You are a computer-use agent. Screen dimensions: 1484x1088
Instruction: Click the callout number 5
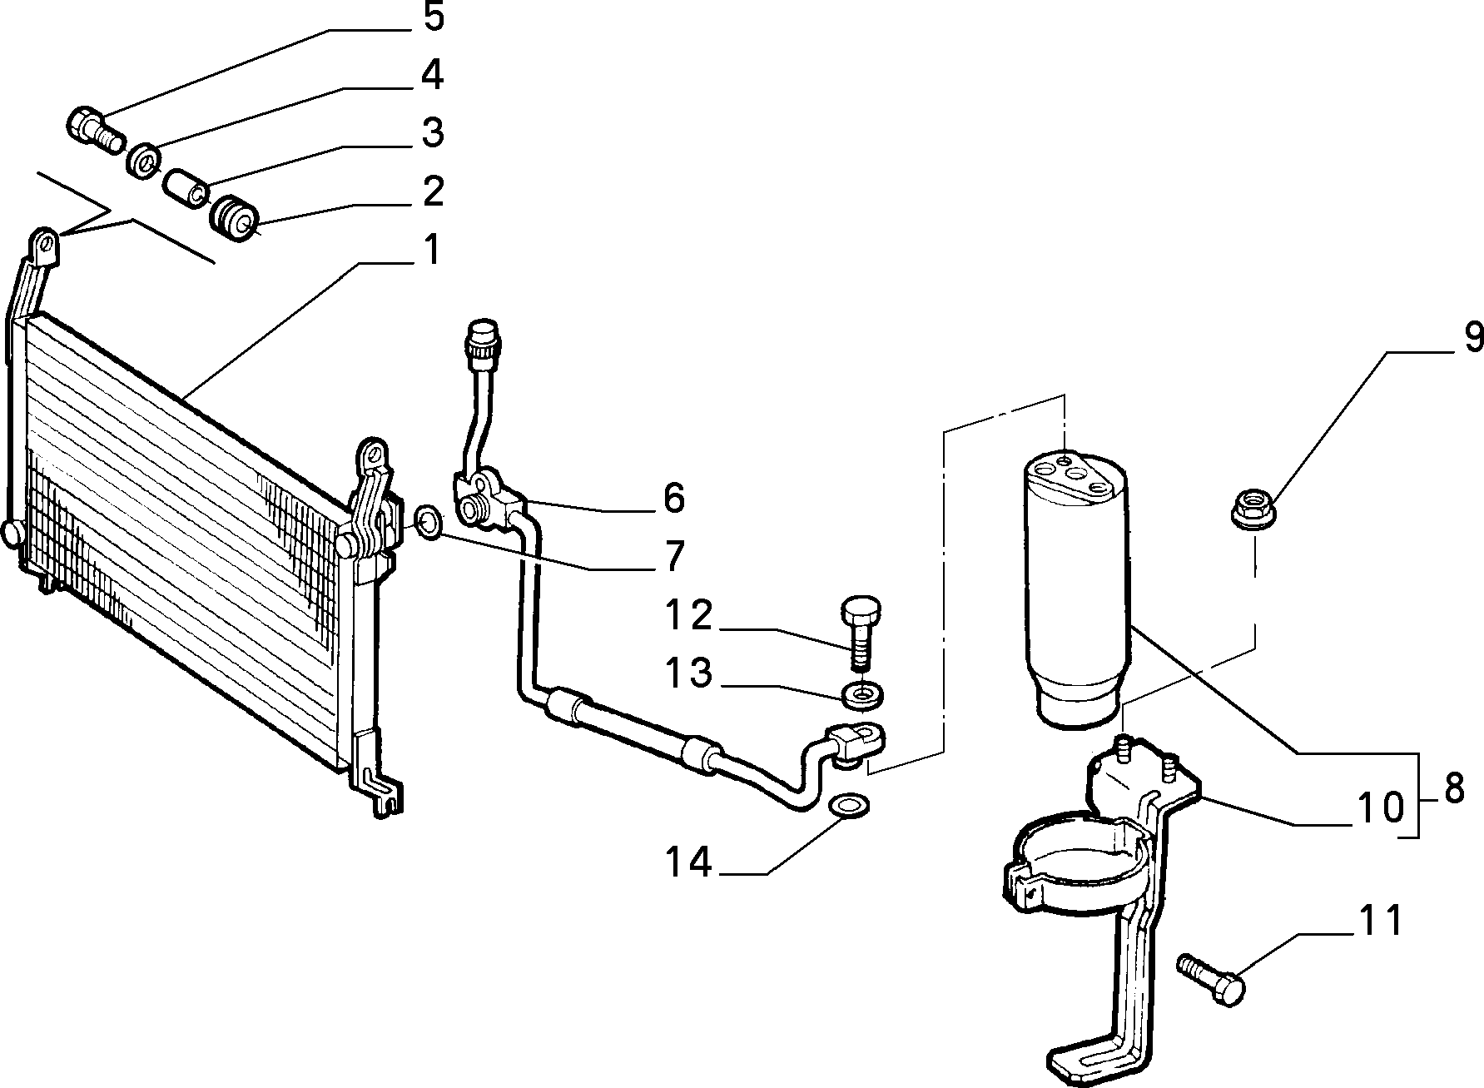(433, 18)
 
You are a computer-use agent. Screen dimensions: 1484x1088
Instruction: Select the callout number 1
(430, 249)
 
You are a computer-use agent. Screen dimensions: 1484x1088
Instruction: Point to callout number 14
(688, 862)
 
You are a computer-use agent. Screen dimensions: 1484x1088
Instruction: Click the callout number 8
(1453, 789)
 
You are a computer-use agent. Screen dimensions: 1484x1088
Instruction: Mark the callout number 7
(673, 556)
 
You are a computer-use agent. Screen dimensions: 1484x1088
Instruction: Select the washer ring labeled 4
(145, 159)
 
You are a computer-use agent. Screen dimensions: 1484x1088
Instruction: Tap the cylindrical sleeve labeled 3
(186, 188)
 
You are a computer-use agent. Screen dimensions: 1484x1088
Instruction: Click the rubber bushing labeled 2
(234, 217)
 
